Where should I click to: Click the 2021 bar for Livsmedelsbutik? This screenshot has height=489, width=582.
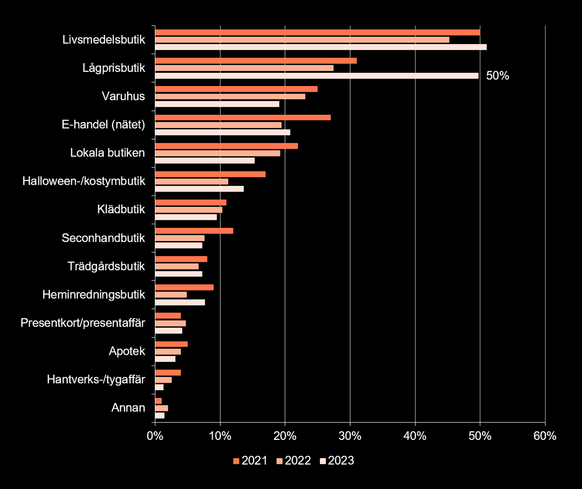317,32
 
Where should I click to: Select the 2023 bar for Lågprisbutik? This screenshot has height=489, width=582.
316,76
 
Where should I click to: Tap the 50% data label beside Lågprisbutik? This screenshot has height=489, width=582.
497,76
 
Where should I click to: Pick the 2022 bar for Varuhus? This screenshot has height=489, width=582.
230,96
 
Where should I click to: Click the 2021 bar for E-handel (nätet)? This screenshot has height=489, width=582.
242,117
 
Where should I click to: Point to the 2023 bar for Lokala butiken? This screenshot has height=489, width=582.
204,160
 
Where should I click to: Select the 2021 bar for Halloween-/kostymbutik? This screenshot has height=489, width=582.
210,174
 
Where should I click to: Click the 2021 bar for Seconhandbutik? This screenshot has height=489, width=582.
194,231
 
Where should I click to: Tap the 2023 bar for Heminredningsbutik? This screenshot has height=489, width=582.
180,302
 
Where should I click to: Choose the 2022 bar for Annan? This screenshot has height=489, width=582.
161,408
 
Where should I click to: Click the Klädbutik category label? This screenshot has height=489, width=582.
121,209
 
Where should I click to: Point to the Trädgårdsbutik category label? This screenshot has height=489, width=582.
106,266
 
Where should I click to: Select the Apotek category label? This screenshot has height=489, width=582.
127,351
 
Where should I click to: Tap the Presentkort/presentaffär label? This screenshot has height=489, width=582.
83,323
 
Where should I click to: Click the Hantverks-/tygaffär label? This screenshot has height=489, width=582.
96,380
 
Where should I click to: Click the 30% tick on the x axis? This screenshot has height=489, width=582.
350,436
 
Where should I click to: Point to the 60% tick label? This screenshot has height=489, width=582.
545,436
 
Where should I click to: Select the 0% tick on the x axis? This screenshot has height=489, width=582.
155,436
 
